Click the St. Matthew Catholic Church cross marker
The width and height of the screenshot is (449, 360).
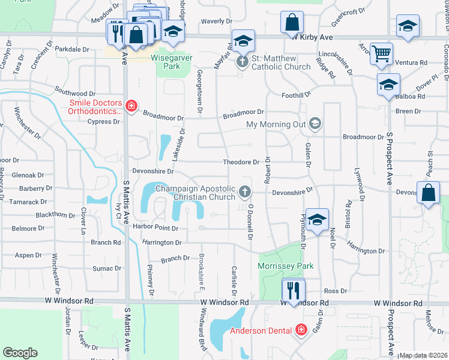tap(243, 62)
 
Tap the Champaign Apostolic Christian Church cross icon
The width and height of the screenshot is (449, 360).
tap(244, 192)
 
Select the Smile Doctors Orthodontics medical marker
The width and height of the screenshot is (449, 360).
tap(131, 107)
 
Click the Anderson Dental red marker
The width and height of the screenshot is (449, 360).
tap(300, 329)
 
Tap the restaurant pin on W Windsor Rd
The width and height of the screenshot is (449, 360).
tap(294, 290)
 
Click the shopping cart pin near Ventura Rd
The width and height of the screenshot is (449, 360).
tap(381, 54)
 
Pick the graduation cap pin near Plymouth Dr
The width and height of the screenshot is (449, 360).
tap(316, 220)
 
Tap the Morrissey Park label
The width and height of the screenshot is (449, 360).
tap(286, 266)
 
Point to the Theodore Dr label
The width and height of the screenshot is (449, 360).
tap(241, 162)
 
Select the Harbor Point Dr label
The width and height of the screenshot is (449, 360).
tap(156, 228)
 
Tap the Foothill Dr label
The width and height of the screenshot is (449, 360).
tap(297, 94)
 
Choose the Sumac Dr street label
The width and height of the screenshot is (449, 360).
tap(107, 268)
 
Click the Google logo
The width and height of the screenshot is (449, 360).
tap(20, 352)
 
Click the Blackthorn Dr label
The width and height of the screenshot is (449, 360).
tap(56, 215)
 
